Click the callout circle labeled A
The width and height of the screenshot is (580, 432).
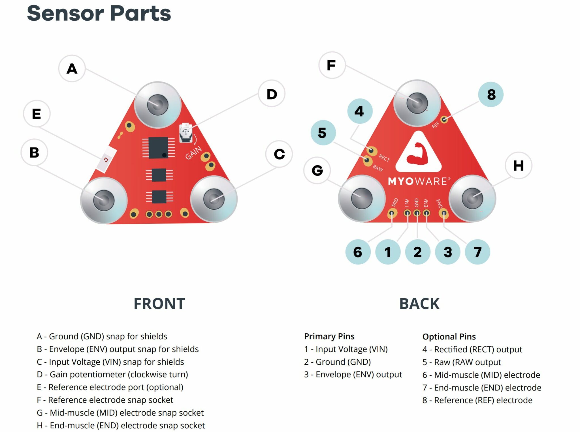[72, 68]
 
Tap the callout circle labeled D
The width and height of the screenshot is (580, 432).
[272, 94]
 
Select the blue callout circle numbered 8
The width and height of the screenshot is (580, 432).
[491, 94]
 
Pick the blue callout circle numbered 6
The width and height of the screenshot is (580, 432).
[358, 252]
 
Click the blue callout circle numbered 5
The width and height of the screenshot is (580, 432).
[323, 133]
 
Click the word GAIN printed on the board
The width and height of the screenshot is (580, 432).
[193, 153]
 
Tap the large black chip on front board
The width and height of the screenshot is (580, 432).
[158, 147]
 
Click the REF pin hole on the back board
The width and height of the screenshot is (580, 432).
[444, 119]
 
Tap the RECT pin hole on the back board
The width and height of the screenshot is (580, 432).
[371, 150]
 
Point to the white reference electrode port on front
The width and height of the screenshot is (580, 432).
[106, 160]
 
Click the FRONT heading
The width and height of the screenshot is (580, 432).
[159, 304]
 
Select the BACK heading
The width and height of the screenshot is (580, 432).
[419, 304]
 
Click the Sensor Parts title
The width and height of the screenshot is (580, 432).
[99, 13]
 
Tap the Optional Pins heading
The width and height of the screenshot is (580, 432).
[449, 336]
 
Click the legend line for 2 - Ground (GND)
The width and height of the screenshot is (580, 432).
[337, 362]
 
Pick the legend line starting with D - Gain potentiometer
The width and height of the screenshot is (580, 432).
[112, 374]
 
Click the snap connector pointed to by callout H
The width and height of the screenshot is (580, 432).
[472, 198]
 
